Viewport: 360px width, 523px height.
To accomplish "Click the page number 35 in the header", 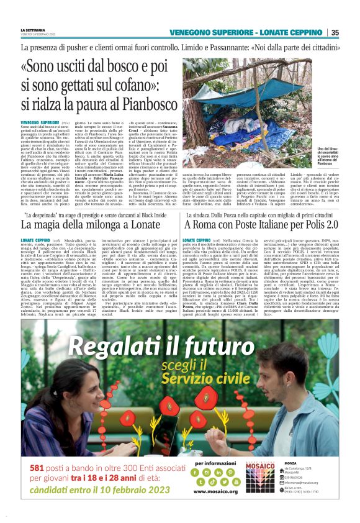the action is click(x=335, y=32).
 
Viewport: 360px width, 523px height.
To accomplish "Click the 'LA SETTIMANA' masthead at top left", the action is click(x=32, y=29).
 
